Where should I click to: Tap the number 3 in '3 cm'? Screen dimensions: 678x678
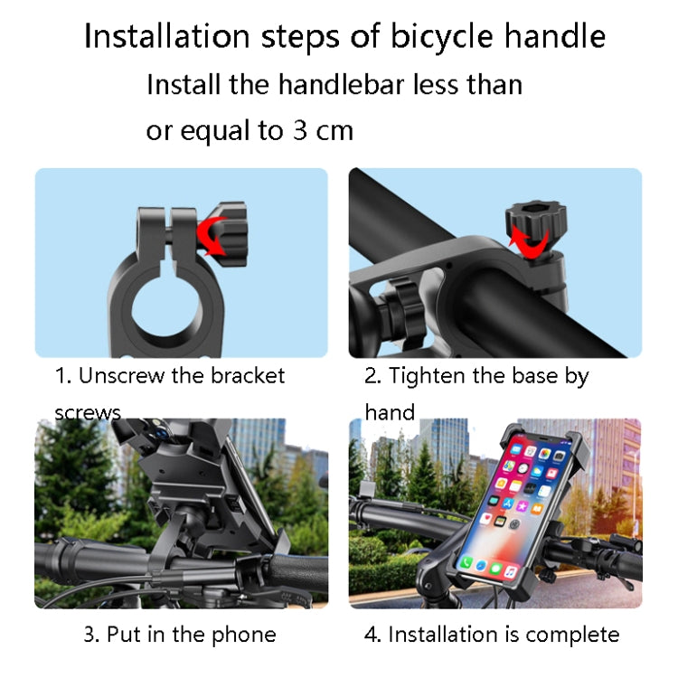299,131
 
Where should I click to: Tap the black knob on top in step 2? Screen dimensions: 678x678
535,218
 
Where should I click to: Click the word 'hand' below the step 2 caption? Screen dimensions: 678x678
390,412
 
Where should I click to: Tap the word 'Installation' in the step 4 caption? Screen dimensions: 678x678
442,635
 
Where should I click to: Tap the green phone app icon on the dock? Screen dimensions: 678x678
466,562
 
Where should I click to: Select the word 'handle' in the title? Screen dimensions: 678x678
554,38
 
